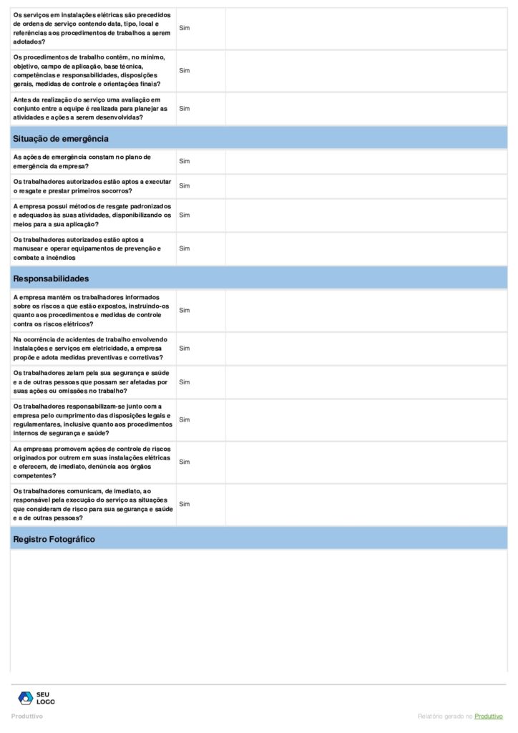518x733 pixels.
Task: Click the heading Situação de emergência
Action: pos(61,139)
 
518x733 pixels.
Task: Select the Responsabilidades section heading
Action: pos(51,278)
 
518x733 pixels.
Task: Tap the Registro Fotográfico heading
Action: pos(54,539)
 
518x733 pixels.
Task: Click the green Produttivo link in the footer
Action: pos(489,717)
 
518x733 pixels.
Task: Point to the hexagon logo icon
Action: pos(26,698)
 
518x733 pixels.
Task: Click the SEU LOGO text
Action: pos(46,698)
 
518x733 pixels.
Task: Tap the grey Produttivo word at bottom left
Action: pos(27,717)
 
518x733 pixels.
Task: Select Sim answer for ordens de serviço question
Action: pos(185,28)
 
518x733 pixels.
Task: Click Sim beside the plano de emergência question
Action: pos(185,162)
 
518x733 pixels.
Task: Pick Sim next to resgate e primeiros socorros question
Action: pos(185,186)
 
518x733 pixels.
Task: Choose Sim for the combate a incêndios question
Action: pos(185,248)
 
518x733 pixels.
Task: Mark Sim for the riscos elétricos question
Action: pos(185,311)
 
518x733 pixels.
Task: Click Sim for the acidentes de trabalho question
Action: pos(185,349)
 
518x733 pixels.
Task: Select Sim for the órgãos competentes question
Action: pos(185,462)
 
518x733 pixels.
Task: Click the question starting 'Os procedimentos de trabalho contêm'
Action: pos(92,70)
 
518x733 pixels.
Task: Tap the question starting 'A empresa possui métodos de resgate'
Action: pos(92,215)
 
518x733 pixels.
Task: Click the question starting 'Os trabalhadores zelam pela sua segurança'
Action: pos(92,382)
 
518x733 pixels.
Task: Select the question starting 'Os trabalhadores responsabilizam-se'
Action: pos(92,419)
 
